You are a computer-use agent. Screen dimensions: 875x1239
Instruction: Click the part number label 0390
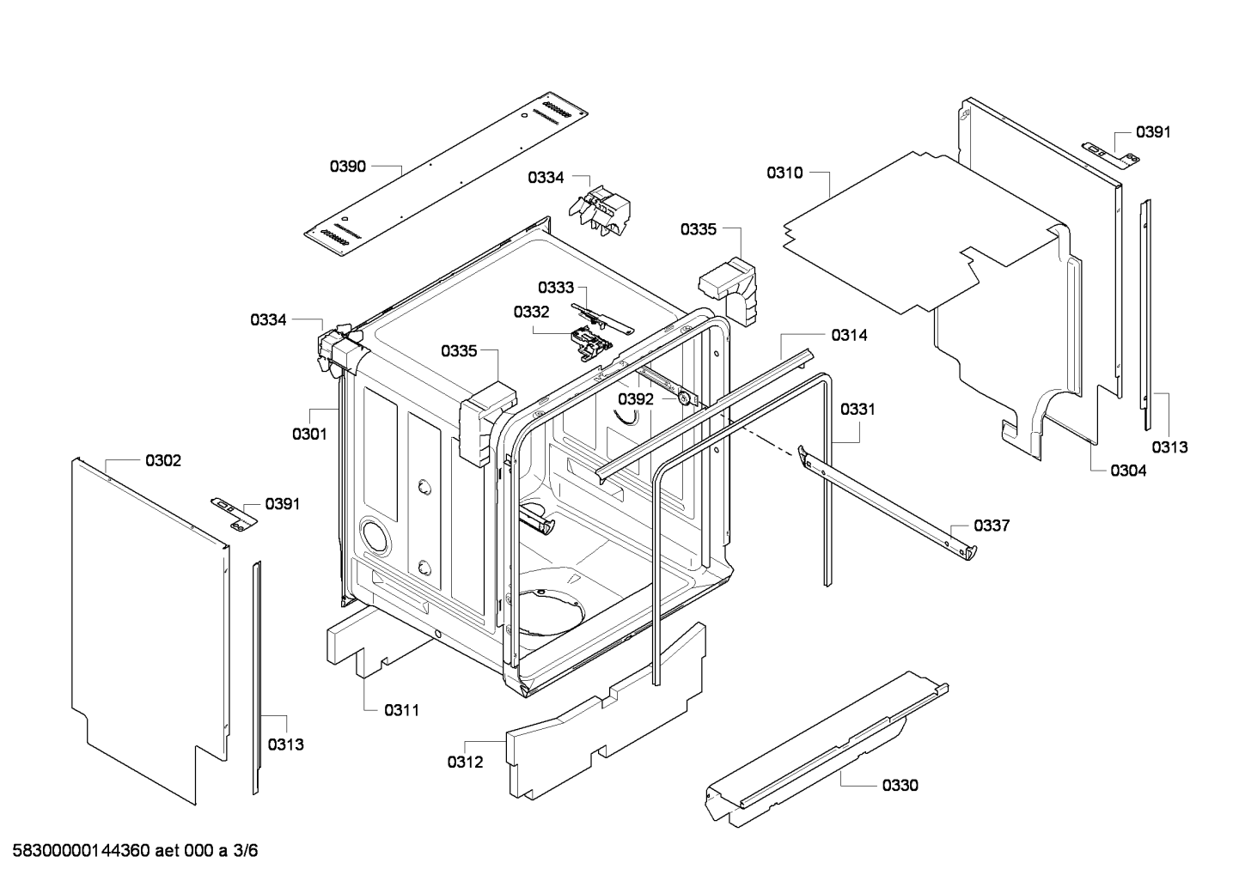pyautogui.click(x=348, y=166)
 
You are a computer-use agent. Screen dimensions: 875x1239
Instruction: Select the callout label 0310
pyautogui.click(x=784, y=173)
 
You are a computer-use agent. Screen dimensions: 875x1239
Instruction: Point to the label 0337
pyautogui.click(x=992, y=526)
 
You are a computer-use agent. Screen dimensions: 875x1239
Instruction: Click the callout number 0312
pyautogui.click(x=465, y=762)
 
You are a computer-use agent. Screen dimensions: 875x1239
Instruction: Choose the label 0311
pyautogui.click(x=401, y=709)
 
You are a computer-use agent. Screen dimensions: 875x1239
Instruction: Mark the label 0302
pyautogui.click(x=163, y=461)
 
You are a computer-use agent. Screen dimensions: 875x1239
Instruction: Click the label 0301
pyautogui.click(x=309, y=434)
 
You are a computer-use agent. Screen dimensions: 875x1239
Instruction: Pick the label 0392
pyautogui.click(x=636, y=399)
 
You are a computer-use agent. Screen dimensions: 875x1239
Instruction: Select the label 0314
pyautogui.click(x=849, y=336)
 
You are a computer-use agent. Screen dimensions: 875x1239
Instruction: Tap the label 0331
pyautogui.click(x=858, y=410)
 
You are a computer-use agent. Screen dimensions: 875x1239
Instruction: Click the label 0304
pyautogui.click(x=1128, y=470)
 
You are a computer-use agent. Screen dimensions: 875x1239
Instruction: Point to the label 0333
pyautogui.click(x=556, y=288)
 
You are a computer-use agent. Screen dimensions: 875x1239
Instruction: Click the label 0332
pyautogui.click(x=531, y=312)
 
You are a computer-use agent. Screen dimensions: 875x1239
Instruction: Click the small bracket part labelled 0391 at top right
pyautogui.click(x=1108, y=153)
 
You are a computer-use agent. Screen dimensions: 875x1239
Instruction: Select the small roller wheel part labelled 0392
pyautogui.click(x=685, y=398)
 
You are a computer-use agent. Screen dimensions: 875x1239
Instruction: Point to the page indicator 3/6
pyautogui.click(x=245, y=851)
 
